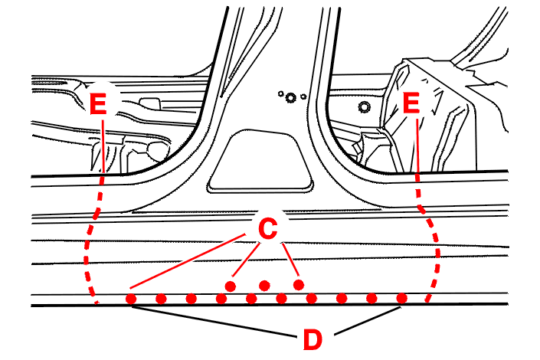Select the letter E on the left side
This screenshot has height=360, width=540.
[x=99, y=104]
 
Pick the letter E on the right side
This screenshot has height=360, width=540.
[x=411, y=104]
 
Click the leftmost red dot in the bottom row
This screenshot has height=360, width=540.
[x=131, y=298]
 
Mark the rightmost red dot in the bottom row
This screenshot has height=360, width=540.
[x=401, y=298]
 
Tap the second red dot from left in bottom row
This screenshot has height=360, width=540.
[x=161, y=298]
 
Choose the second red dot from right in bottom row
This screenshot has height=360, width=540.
[x=371, y=298]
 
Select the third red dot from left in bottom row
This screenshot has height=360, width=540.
[x=191, y=298]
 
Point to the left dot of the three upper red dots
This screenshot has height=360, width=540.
[x=229, y=286]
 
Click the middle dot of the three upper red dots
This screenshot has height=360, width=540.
[x=264, y=285]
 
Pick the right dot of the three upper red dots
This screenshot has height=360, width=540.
[x=298, y=285]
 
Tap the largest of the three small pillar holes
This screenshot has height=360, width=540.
[x=292, y=97]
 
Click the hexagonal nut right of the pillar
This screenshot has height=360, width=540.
[x=364, y=106]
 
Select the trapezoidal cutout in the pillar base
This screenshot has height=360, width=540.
[x=261, y=160]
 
